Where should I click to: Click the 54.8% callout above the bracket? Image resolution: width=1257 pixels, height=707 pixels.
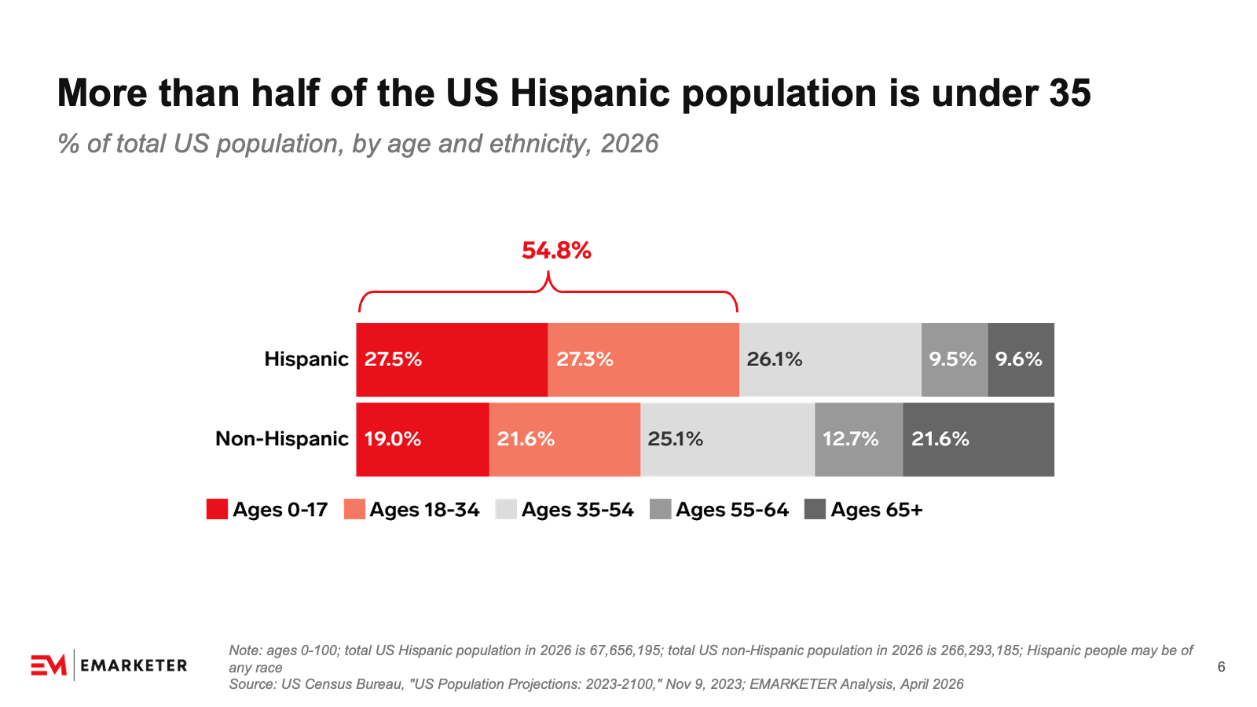[556, 251]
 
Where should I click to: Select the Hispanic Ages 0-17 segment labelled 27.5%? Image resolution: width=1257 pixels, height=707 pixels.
[452, 360]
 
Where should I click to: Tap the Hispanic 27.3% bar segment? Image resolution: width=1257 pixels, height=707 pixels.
[643, 360]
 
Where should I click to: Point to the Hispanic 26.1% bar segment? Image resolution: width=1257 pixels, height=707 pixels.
[830, 360]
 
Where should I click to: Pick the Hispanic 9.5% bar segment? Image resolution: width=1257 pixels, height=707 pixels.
[955, 360]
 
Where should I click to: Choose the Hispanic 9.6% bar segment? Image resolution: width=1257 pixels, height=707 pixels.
[1021, 360]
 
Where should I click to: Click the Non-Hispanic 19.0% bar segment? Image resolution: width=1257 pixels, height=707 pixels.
[423, 439]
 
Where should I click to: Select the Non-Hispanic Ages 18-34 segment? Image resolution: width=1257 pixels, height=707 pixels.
[565, 439]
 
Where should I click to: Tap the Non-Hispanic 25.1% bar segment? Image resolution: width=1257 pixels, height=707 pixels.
[727, 439]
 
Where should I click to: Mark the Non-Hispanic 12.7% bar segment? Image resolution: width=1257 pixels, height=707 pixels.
[859, 439]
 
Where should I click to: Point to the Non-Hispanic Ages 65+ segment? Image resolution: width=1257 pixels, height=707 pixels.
[979, 439]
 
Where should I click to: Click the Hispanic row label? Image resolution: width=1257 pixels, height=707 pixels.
[306, 359]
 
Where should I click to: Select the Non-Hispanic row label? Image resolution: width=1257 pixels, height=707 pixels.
[282, 439]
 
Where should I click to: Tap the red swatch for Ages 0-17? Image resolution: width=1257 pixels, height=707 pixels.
[217, 509]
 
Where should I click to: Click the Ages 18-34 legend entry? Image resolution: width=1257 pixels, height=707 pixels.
[412, 510]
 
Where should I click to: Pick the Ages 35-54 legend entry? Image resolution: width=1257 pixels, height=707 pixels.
[565, 510]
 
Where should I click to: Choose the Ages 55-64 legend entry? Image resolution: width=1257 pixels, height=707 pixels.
[720, 510]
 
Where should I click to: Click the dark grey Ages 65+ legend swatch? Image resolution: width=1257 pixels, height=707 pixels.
[815, 509]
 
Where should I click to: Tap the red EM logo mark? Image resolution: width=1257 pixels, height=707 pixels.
[49, 665]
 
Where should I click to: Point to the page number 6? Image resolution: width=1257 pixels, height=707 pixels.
[1221, 667]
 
